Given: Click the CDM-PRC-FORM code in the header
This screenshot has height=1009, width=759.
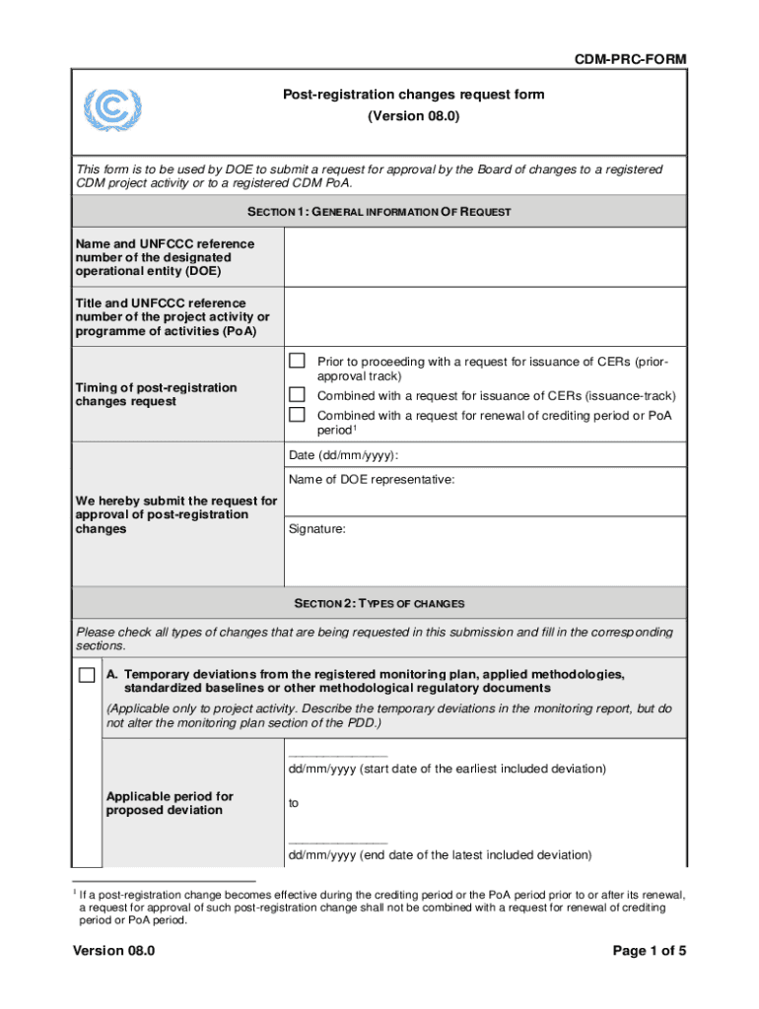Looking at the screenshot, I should tap(630, 60).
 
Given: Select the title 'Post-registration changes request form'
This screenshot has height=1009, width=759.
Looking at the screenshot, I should tap(414, 95).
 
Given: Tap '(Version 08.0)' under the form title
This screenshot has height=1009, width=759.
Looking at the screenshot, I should tap(414, 116).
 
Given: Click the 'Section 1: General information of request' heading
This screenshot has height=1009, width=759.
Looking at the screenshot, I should tap(379, 212).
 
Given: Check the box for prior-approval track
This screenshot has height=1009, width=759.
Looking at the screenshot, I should tap(297, 361).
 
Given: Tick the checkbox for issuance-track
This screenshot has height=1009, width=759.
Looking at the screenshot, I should tap(297, 394).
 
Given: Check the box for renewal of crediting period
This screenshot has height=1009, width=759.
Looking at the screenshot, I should tap(297, 414).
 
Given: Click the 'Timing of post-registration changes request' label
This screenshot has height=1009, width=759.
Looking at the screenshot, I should tap(157, 394).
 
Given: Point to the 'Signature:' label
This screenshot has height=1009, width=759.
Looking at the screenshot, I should tap(317, 529).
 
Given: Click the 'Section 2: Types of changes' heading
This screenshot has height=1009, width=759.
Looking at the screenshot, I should tap(379, 603).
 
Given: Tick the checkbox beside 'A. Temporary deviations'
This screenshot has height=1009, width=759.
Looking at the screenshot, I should tap(88, 675).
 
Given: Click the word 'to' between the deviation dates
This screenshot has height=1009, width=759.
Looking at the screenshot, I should tap(294, 803).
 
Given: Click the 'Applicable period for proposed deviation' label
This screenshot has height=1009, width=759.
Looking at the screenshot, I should tap(170, 803).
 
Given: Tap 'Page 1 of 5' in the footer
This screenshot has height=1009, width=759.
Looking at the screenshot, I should tap(649, 951).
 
